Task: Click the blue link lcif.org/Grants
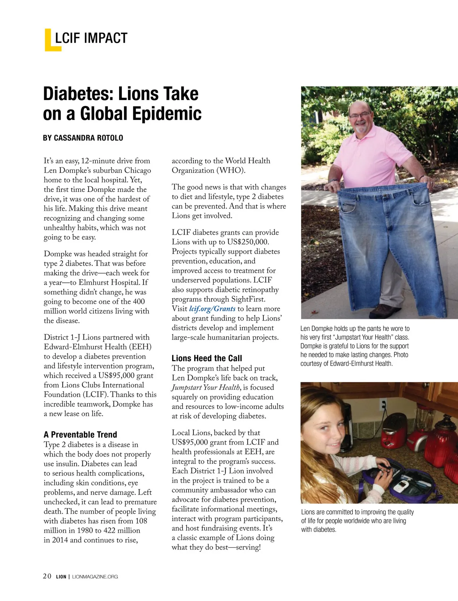212,309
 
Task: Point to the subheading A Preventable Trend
80,435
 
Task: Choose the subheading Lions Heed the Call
206,358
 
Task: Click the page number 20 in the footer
47,576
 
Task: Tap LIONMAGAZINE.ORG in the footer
95,577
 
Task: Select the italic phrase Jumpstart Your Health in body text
206,388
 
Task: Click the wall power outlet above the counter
383,404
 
